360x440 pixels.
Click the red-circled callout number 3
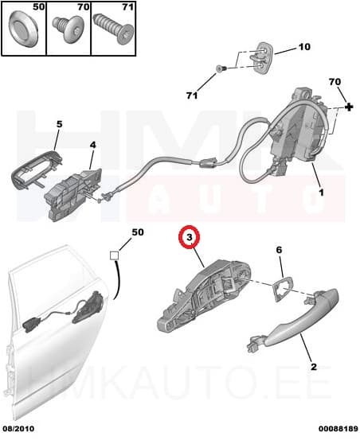point(190,237)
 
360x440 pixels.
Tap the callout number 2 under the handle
point(313,367)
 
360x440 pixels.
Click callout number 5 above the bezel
point(58,124)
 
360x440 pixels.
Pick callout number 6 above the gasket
point(279,251)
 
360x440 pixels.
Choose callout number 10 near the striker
point(303,47)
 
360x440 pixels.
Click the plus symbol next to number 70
point(348,107)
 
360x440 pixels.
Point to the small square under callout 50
point(114,256)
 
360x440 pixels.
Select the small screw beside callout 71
point(223,68)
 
